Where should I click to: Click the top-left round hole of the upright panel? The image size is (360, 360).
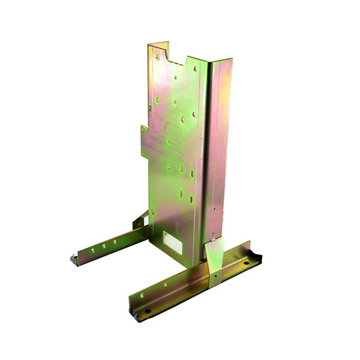(x=157, y=57)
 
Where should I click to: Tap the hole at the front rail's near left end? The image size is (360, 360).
(x=146, y=311)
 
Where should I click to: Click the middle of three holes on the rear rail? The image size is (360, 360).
(x=104, y=245)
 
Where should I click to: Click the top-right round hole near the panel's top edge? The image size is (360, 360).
(x=193, y=68)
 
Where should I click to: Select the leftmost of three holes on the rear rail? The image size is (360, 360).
(x=94, y=249)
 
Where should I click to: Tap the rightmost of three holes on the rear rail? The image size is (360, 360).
(x=114, y=242)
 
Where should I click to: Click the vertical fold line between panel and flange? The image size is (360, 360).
(x=208, y=156)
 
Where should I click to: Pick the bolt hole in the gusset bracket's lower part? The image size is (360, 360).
(x=214, y=273)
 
